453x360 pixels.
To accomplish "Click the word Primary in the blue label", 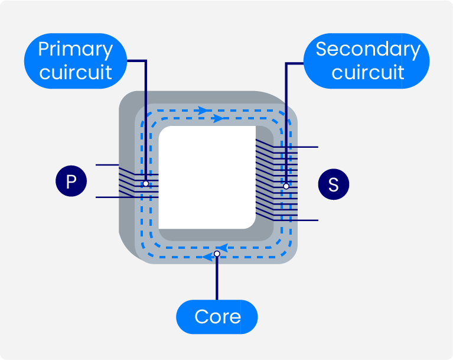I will coord(75,50).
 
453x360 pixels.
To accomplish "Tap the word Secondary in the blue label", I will coord(367,50).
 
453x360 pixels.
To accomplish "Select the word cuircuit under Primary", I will coord(75,73).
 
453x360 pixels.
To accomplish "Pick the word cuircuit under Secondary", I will coord(367,73).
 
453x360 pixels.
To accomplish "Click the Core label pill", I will coord(217,317).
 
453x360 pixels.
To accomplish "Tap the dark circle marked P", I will coord(71,181).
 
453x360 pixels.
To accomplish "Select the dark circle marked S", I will coord(333,184).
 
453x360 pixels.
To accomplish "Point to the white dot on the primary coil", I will coord(145,184).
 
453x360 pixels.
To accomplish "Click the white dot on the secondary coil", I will coord(286,186).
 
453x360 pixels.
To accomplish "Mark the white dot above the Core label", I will coord(217,254).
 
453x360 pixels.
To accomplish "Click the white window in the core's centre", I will coord(207,177).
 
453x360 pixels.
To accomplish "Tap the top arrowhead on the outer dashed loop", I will coord(203,110).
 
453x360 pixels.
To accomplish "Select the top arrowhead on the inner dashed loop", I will coord(218,119).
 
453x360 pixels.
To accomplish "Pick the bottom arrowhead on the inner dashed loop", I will coord(223,247).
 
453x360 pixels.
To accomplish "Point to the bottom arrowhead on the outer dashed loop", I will coord(207,257).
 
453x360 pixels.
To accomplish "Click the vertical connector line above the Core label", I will coord(217,278).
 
